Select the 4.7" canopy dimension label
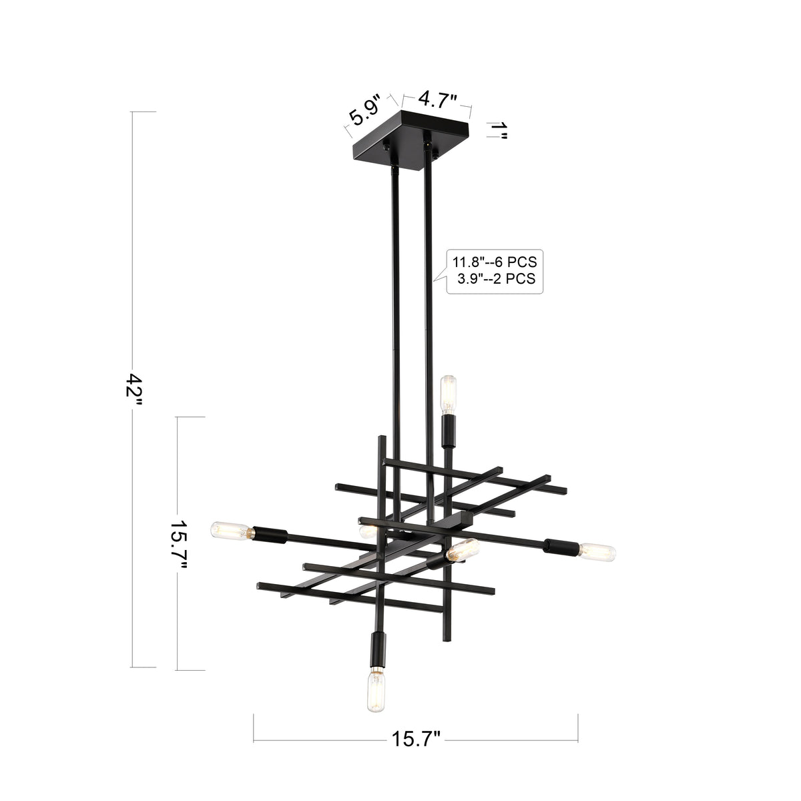click(437, 99)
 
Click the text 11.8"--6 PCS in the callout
click(494, 262)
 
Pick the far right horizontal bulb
click(596, 551)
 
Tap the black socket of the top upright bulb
click(449, 431)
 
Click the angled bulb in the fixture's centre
click(463, 549)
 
